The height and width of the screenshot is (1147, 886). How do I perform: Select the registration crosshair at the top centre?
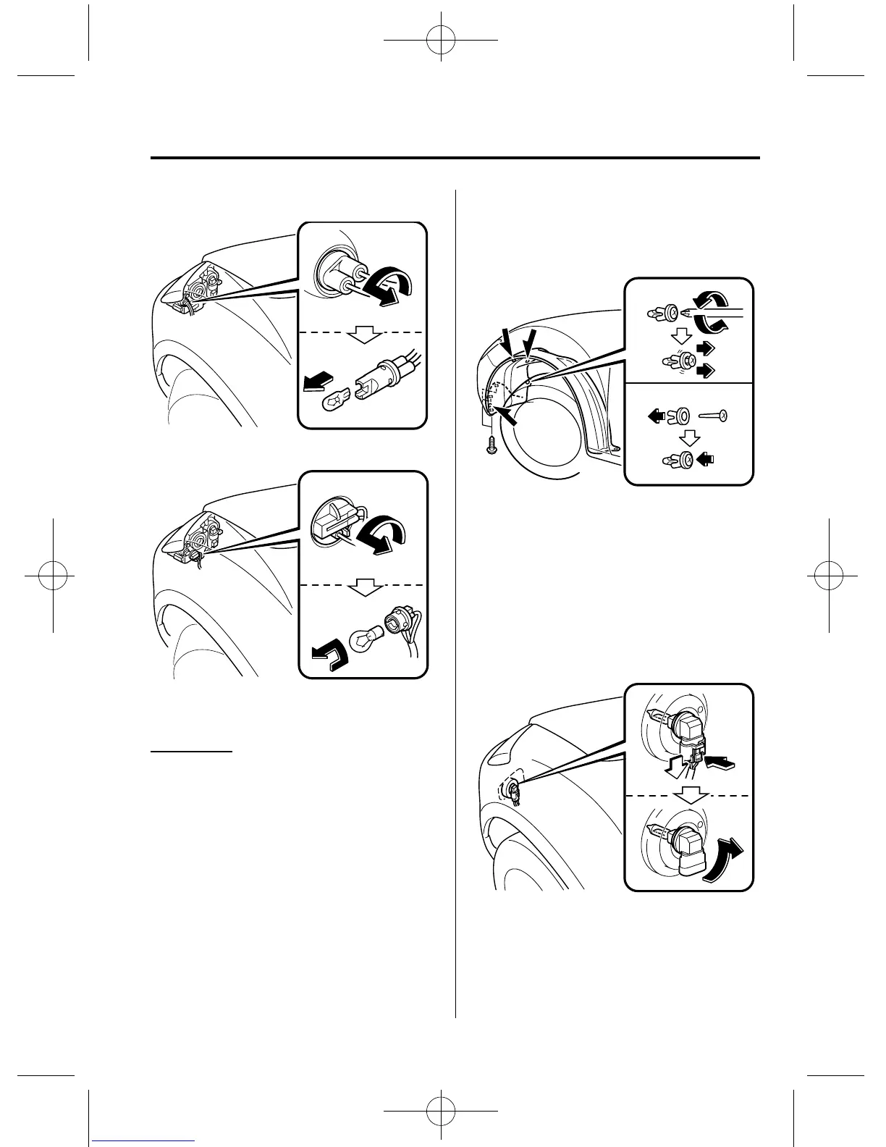tap(442, 43)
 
